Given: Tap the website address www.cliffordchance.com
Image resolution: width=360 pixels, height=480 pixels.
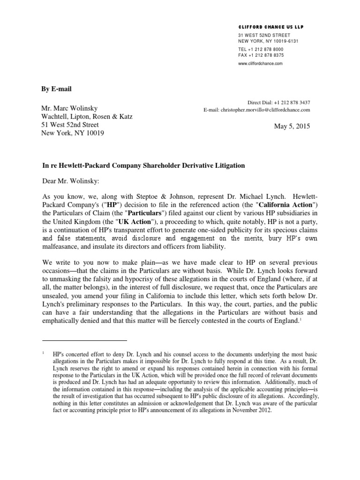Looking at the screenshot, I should click(x=261, y=63).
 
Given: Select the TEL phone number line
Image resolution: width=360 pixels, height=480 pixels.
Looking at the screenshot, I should click(x=261, y=49).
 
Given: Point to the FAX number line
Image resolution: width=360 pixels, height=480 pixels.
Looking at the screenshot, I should click(x=261, y=55).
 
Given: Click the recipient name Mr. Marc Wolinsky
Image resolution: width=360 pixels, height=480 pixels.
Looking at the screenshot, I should click(x=69, y=108).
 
